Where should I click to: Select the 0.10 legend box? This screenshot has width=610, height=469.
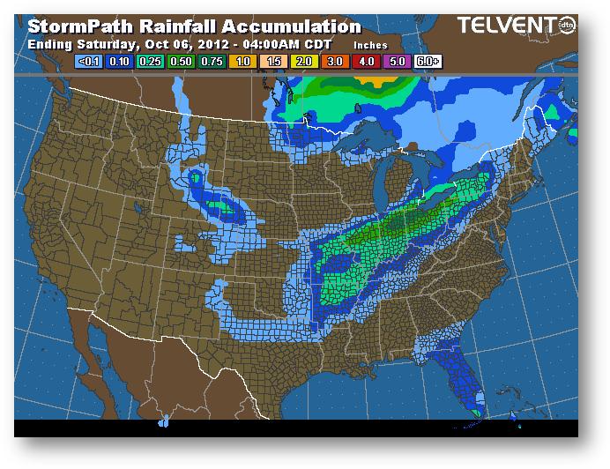click(x=120, y=63)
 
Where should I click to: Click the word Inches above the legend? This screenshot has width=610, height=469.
click(x=370, y=44)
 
